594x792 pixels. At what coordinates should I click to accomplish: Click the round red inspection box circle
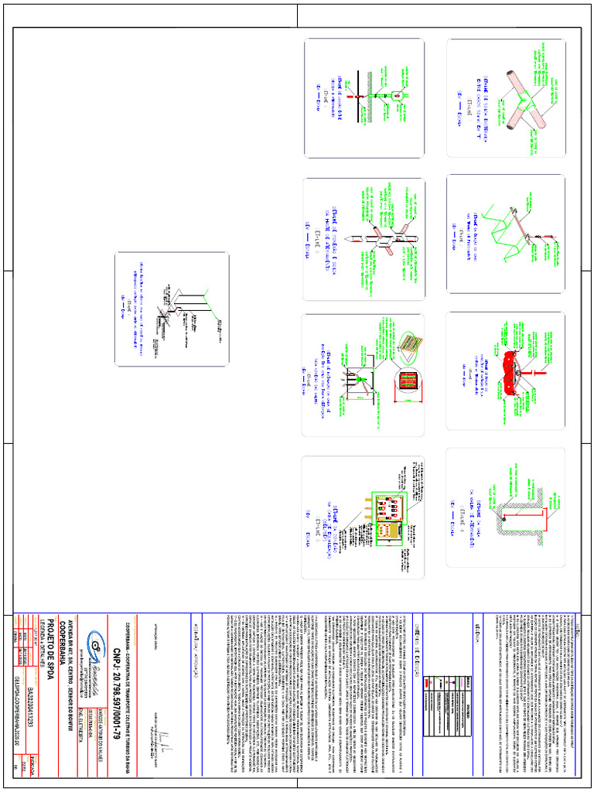408,382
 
